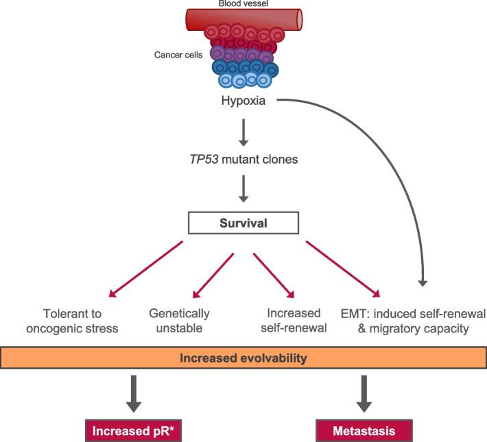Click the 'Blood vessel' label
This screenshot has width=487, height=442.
pos(243,4)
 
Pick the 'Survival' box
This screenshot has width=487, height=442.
pos(244,223)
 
